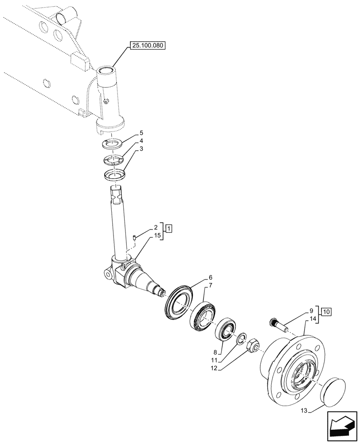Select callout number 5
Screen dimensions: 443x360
(x=141, y=132)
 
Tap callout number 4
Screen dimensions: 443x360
(x=141, y=141)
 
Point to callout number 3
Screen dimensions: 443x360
(x=141, y=149)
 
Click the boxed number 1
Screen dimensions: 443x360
(x=169, y=229)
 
